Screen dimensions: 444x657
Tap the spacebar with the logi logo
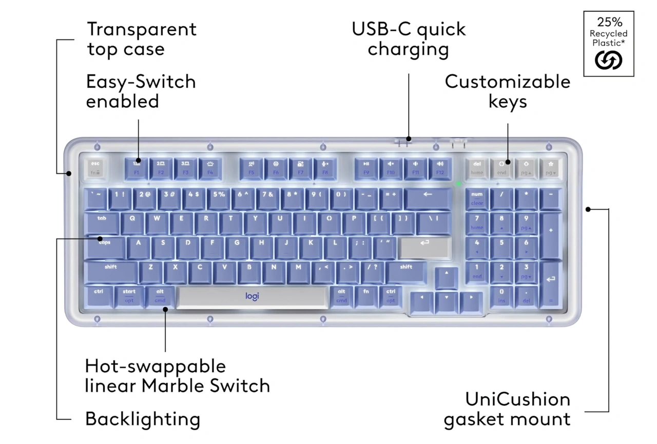[x=252, y=297]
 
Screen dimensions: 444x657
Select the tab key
[x=102, y=223]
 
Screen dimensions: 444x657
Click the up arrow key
[x=447, y=276]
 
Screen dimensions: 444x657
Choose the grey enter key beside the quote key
[x=424, y=247]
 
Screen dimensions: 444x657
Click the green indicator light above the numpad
[x=458, y=184]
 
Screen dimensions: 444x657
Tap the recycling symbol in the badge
[x=608, y=61]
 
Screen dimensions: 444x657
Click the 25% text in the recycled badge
[x=609, y=22]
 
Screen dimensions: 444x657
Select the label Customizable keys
[x=508, y=91]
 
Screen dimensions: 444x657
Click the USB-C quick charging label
[x=409, y=39]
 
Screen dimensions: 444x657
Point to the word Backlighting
[x=143, y=419]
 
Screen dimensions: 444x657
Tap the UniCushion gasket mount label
[x=507, y=409]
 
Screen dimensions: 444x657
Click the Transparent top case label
[x=142, y=39]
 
